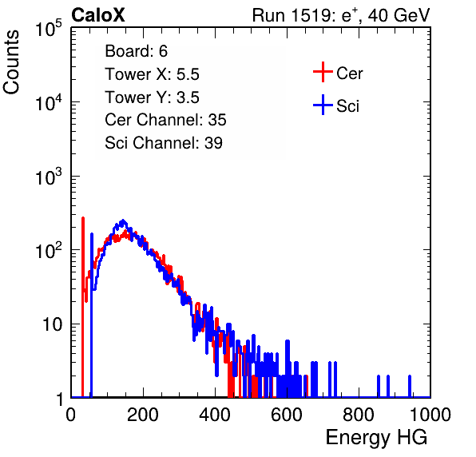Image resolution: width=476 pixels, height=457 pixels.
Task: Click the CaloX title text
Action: pyautogui.click(x=98, y=15)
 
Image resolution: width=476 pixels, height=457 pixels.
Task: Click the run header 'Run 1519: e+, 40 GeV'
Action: pyautogui.click(x=341, y=15)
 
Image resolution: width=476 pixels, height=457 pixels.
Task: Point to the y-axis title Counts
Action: pyautogui.click(x=11, y=62)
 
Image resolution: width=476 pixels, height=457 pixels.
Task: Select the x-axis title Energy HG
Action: pyautogui.click(x=376, y=438)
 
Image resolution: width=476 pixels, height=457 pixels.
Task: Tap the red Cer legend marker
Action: pyautogui.click(x=323, y=72)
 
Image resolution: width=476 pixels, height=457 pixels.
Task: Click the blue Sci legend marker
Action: pyautogui.click(x=323, y=105)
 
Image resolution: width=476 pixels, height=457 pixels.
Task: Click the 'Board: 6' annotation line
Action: pyautogui.click(x=136, y=51)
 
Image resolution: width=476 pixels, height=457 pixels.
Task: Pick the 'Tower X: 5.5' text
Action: pyautogui.click(x=152, y=74)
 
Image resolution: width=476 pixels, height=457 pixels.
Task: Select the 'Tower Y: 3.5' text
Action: pyautogui.click(x=152, y=97)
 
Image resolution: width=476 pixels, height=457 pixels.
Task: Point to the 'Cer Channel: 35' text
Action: pyautogui.click(x=165, y=120)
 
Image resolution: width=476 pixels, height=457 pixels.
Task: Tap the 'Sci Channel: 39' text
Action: pyautogui.click(x=164, y=143)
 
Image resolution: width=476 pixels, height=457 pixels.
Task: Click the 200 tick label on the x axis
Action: pyautogui.click(x=143, y=415)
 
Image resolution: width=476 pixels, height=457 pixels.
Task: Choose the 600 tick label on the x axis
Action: pyautogui.click(x=287, y=415)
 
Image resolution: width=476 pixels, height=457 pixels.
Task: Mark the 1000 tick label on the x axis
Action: pyautogui.click(x=430, y=415)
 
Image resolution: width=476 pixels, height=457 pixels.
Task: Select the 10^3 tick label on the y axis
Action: pyautogui.click(x=49, y=177)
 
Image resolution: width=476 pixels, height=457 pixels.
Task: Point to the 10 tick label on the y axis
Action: pyautogui.click(x=52, y=325)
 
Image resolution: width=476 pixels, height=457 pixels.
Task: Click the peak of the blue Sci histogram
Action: pyautogui.click(x=123, y=221)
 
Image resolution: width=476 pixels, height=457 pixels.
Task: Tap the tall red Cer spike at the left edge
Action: pyautogui.click(x=82, y=307)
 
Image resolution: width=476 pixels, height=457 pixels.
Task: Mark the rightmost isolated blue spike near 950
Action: pyautogui.click(x=410, y=386)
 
